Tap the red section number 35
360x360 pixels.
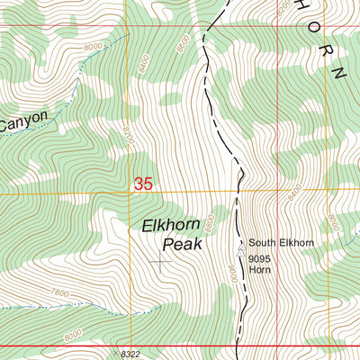pyautogui.click(x=142, y=184)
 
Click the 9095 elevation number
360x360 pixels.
pyautogui.click(x=261, y=258)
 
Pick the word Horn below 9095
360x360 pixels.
pyautogui.click(x=260, y=269)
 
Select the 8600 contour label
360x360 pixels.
pyautogui.click(x=183, y=42)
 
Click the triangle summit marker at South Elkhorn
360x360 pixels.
pyautogui.click(x=240, y=243)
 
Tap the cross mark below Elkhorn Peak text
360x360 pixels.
pyautogui.click(x=160, y=263)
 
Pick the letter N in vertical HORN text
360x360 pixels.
pyautogui.click(x=338, y=71)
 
